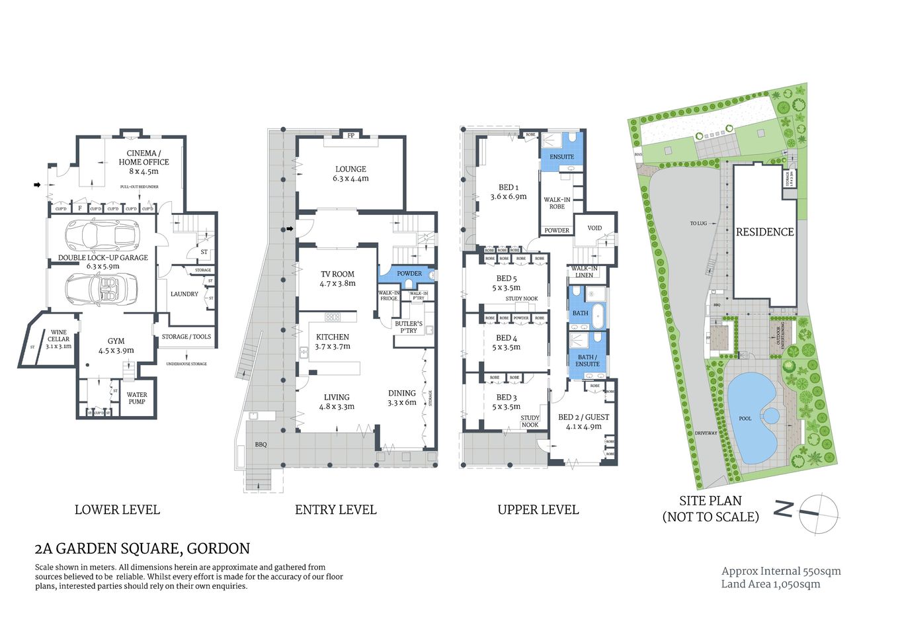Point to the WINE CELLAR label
click(58, 339)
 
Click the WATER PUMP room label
click(137, 398)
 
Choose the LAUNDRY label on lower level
click(184, 294)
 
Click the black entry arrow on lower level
click(38, 185)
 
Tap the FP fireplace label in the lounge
click(350, 136)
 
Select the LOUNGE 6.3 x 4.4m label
click(350, 173)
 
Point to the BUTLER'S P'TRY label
click(408, 327)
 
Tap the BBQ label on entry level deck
click(261, 444)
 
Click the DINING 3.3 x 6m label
click(401, 397)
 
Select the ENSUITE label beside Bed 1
click(561, 157)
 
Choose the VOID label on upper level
click(594, 228)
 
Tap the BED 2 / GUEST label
click(583, 421)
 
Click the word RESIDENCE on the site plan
click(764, 232)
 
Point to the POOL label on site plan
click(745, 418)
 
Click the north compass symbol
click(818, 513)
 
